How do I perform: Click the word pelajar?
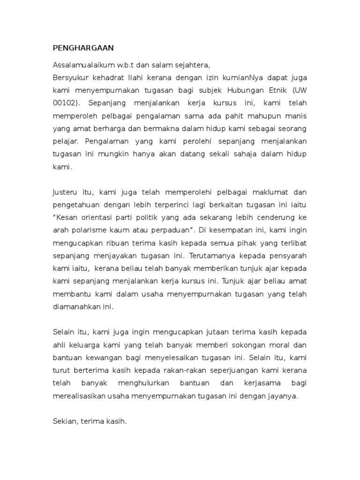(x=65, y=140)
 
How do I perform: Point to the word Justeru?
(x=65, y=192)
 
